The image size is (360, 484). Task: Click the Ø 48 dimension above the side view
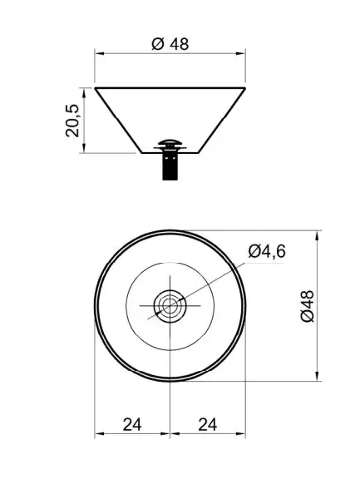click(x=170, y=44)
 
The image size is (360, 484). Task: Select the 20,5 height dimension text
click(x=72, y=121)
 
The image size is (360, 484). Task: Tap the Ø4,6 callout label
click(x=267, y=251)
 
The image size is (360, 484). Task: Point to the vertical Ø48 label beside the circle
click(x=308, y=306)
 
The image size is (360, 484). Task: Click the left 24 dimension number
click(x=132, y=424)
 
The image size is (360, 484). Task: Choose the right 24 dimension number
click(x=207, y=424)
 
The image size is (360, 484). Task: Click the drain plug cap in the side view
click(x=170, y=143)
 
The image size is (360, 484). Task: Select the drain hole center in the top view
click(x=170, y=305)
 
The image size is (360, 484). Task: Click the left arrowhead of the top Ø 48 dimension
click(x=99, y=54)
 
